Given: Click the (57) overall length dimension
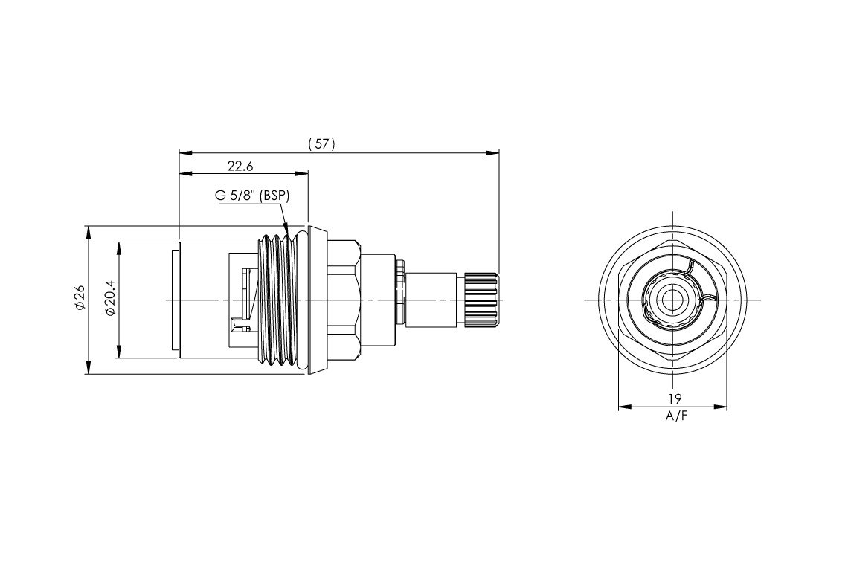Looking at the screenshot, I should pos(321,144).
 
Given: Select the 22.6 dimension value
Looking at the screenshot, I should pos(240,166).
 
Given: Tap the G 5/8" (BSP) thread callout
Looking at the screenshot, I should pos(251,196).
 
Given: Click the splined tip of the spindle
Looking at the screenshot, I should pos(481,300).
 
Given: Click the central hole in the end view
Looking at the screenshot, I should pos(672,300).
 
